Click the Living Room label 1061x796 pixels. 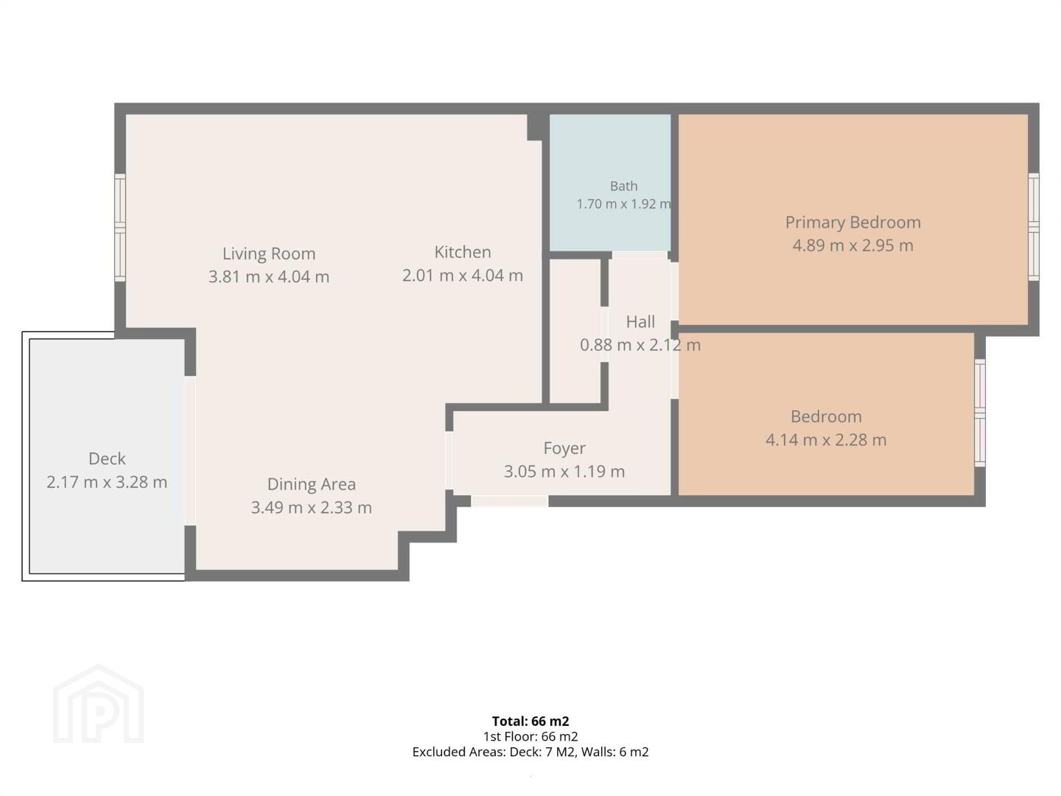[269, 254]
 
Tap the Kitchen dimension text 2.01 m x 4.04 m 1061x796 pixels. [463, 276]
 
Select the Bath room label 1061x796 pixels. [623, 186]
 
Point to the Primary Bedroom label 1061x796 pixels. [852, 223]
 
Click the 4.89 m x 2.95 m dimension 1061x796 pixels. [852, 245]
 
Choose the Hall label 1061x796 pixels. [640, 322]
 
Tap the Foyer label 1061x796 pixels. [564, 449]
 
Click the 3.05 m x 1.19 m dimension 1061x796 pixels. [564, 471]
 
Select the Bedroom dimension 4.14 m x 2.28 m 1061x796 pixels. [826, 440]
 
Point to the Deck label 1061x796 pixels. [107, 458]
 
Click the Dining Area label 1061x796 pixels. [311, 484]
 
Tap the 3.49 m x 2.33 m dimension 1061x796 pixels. [311, 508]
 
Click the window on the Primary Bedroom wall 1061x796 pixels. [1034, 227]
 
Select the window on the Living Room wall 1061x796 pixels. [120, 227]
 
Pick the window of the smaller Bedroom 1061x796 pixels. [980, 413]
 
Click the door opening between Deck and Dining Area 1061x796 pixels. [190, 450]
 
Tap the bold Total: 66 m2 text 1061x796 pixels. [530, 721]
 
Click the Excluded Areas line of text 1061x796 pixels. [530, 752]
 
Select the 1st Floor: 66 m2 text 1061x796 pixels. [530, 736]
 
